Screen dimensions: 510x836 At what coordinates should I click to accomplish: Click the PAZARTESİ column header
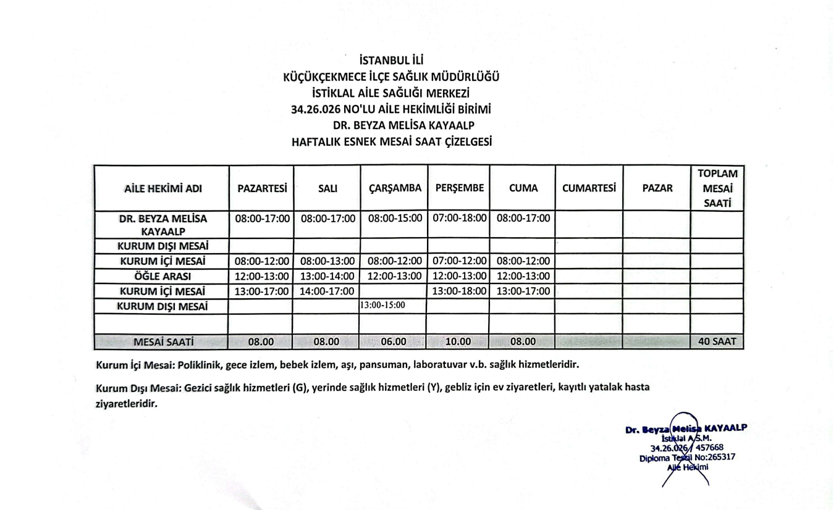pos(262,188)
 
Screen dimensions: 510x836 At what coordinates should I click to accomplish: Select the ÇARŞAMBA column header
pos(395,188)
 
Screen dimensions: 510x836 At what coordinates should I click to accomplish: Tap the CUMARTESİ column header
pos(589,188)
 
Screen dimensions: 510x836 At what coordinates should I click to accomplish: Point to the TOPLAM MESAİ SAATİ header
pos(717,188)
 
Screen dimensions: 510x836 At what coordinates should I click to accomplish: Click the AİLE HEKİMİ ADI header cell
pos(163,188)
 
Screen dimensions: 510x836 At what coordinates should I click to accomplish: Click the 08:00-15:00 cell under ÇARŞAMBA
pos(395,218)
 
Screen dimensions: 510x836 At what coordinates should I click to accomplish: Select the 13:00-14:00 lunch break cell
pos(327,276)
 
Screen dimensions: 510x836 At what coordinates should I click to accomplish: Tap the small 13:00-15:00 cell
pos(382,305)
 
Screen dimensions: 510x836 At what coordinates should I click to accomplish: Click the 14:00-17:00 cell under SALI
pos(327,291)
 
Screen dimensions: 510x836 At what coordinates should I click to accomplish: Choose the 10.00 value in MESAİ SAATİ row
pos(458,341)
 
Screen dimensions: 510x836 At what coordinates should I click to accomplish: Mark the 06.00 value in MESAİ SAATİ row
pos(394,341)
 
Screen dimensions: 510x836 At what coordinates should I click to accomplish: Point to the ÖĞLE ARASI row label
pos(163,276)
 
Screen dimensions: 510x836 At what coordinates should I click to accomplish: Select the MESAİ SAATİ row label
pos(163,341)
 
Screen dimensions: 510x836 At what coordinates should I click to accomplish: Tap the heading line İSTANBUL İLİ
pos(391,61)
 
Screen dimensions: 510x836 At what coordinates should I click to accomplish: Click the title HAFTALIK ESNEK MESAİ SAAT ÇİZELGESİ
pos(391,142)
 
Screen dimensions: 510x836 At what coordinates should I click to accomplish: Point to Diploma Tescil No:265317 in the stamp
pos(687,458)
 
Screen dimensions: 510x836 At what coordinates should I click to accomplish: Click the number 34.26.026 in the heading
pos(316,110)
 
